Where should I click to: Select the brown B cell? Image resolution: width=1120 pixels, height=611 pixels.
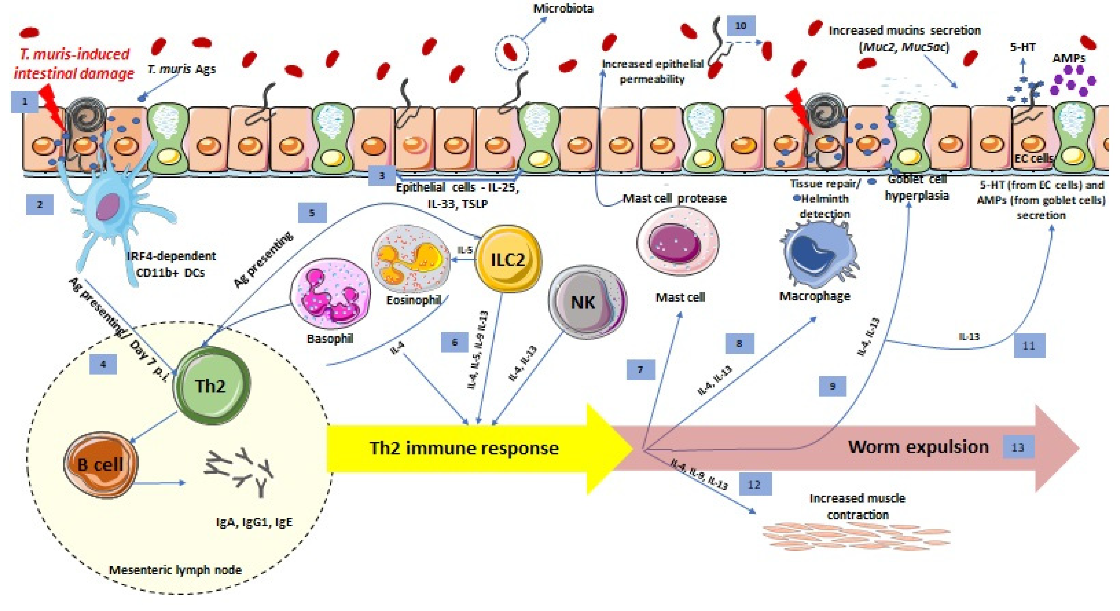[x=101, y=464]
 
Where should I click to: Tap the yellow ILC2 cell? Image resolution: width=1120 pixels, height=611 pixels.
[x=507, y=259]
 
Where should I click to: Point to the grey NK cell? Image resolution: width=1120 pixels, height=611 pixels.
[x=587, y=302]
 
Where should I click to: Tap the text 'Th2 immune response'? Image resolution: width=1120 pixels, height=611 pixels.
[x=464, y=448]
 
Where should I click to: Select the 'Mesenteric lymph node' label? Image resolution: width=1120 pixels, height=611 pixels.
[x=175, y=570]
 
